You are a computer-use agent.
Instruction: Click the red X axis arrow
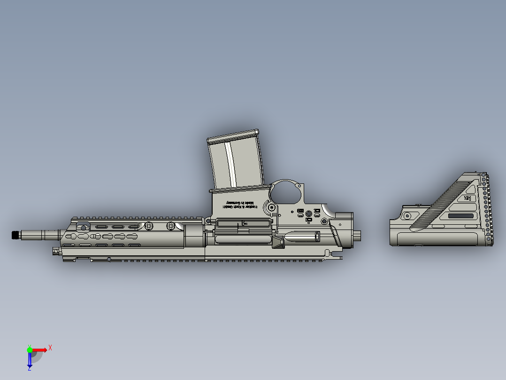(x=40, y=350)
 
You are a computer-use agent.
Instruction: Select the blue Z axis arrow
(x=30, y=360)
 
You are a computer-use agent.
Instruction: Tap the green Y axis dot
(x=30, y=349)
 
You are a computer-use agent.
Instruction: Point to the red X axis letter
(x=50, y=348)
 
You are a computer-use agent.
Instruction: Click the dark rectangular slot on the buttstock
(x=461, y=216)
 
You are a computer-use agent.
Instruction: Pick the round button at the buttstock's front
(x=407, y=215)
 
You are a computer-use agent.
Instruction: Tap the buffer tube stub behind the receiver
(x=358, y=235)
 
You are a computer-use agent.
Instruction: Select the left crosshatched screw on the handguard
(x=149, y=226)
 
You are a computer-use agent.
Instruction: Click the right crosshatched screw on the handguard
(x=170, y=226)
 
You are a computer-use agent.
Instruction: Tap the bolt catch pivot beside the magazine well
(x=271, y=206)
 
